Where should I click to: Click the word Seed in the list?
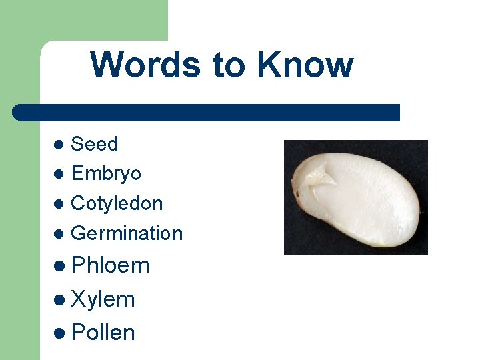[x=94, y=144]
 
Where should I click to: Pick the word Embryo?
[x=106, y=174]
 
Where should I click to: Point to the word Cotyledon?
[x=117, y=203]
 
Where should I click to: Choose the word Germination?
[x=126, y=233]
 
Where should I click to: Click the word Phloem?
[x=110, y=265]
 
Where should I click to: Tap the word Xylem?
[x=103, y=299]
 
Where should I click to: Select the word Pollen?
[x=103, y=332]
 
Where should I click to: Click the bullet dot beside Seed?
[x=59, y=145]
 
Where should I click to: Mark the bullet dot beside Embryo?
[x=59, y=174]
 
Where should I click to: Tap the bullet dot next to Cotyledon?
[x=59, y=204]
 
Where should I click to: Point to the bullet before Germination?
[x=59, y=234]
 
